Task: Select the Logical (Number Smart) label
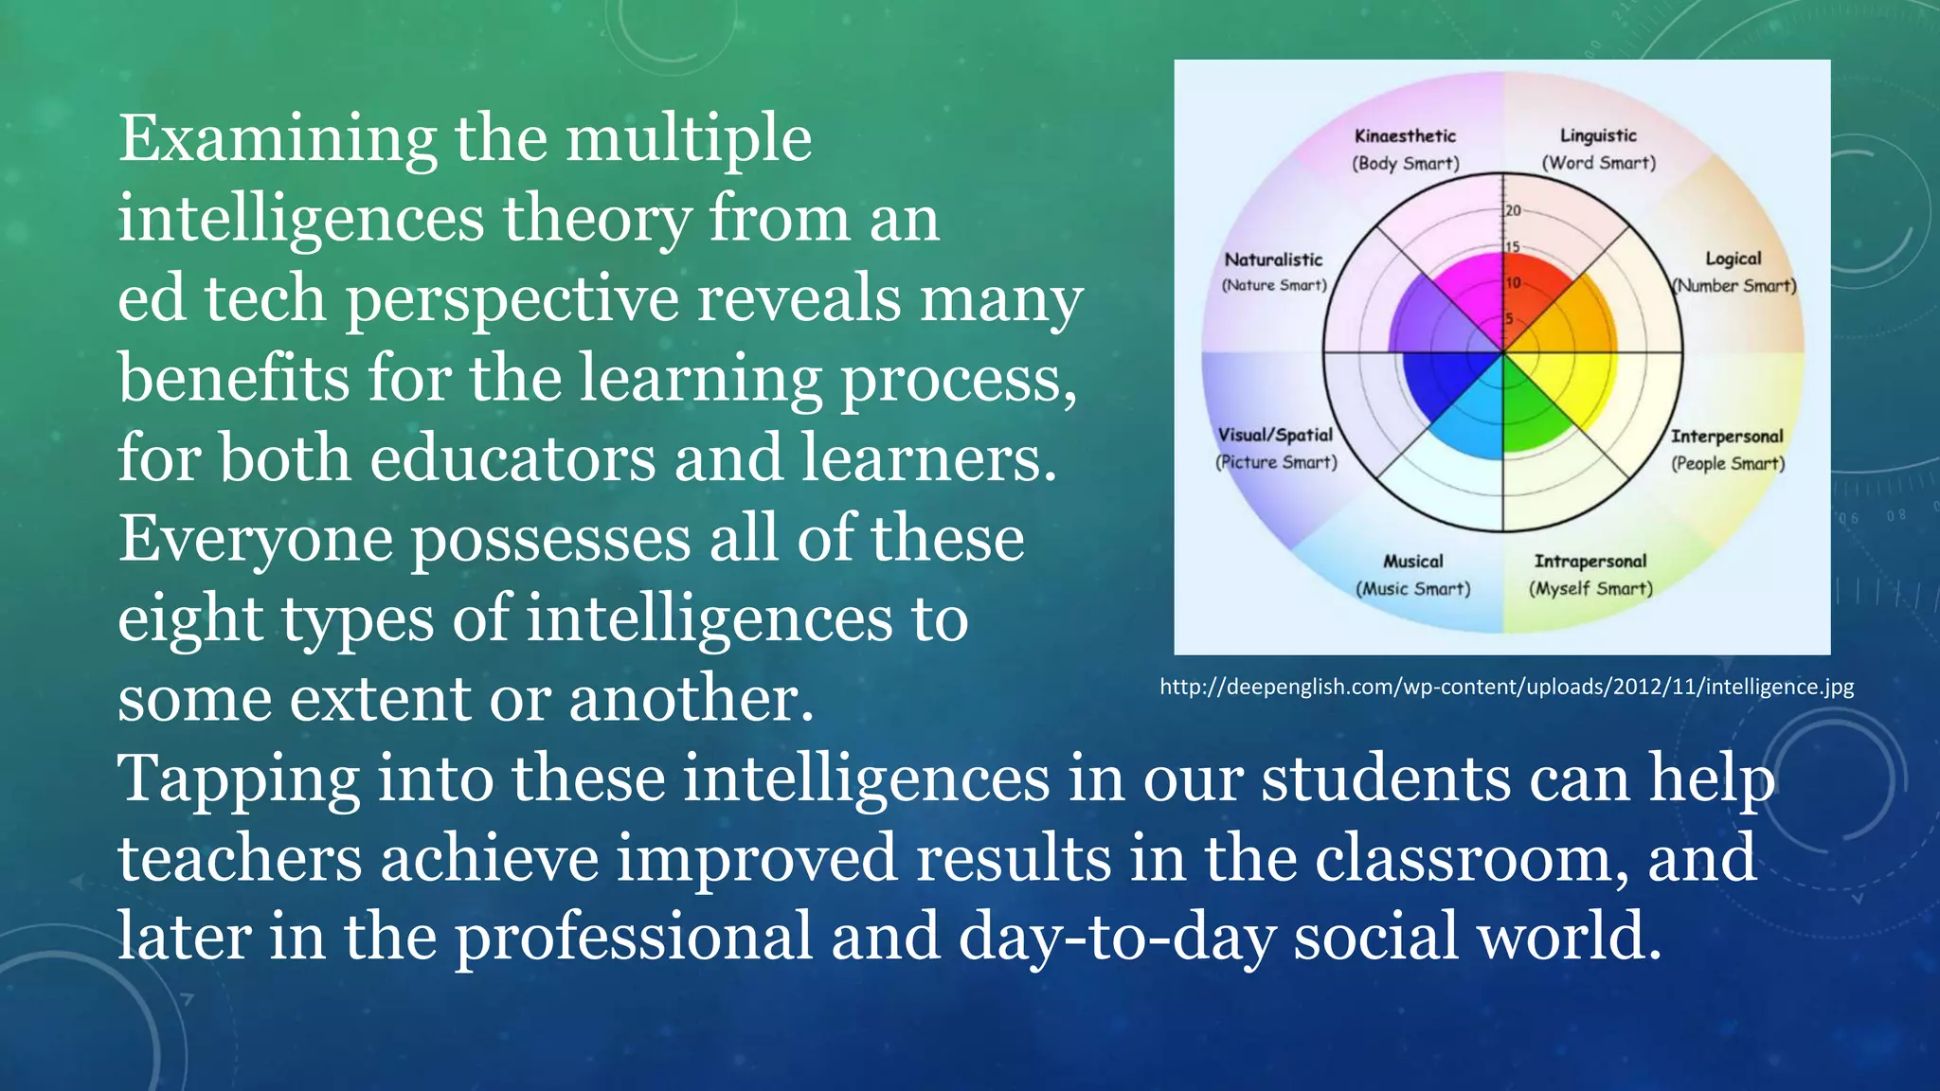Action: click(1733, 272)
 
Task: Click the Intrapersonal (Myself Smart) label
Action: click(1590, 574)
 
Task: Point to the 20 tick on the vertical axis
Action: click(1513, 211)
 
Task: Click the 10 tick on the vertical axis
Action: click(1513, 283)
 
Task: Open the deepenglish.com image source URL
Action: click(1506, 687)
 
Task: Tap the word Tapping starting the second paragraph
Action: click(238, 779)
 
